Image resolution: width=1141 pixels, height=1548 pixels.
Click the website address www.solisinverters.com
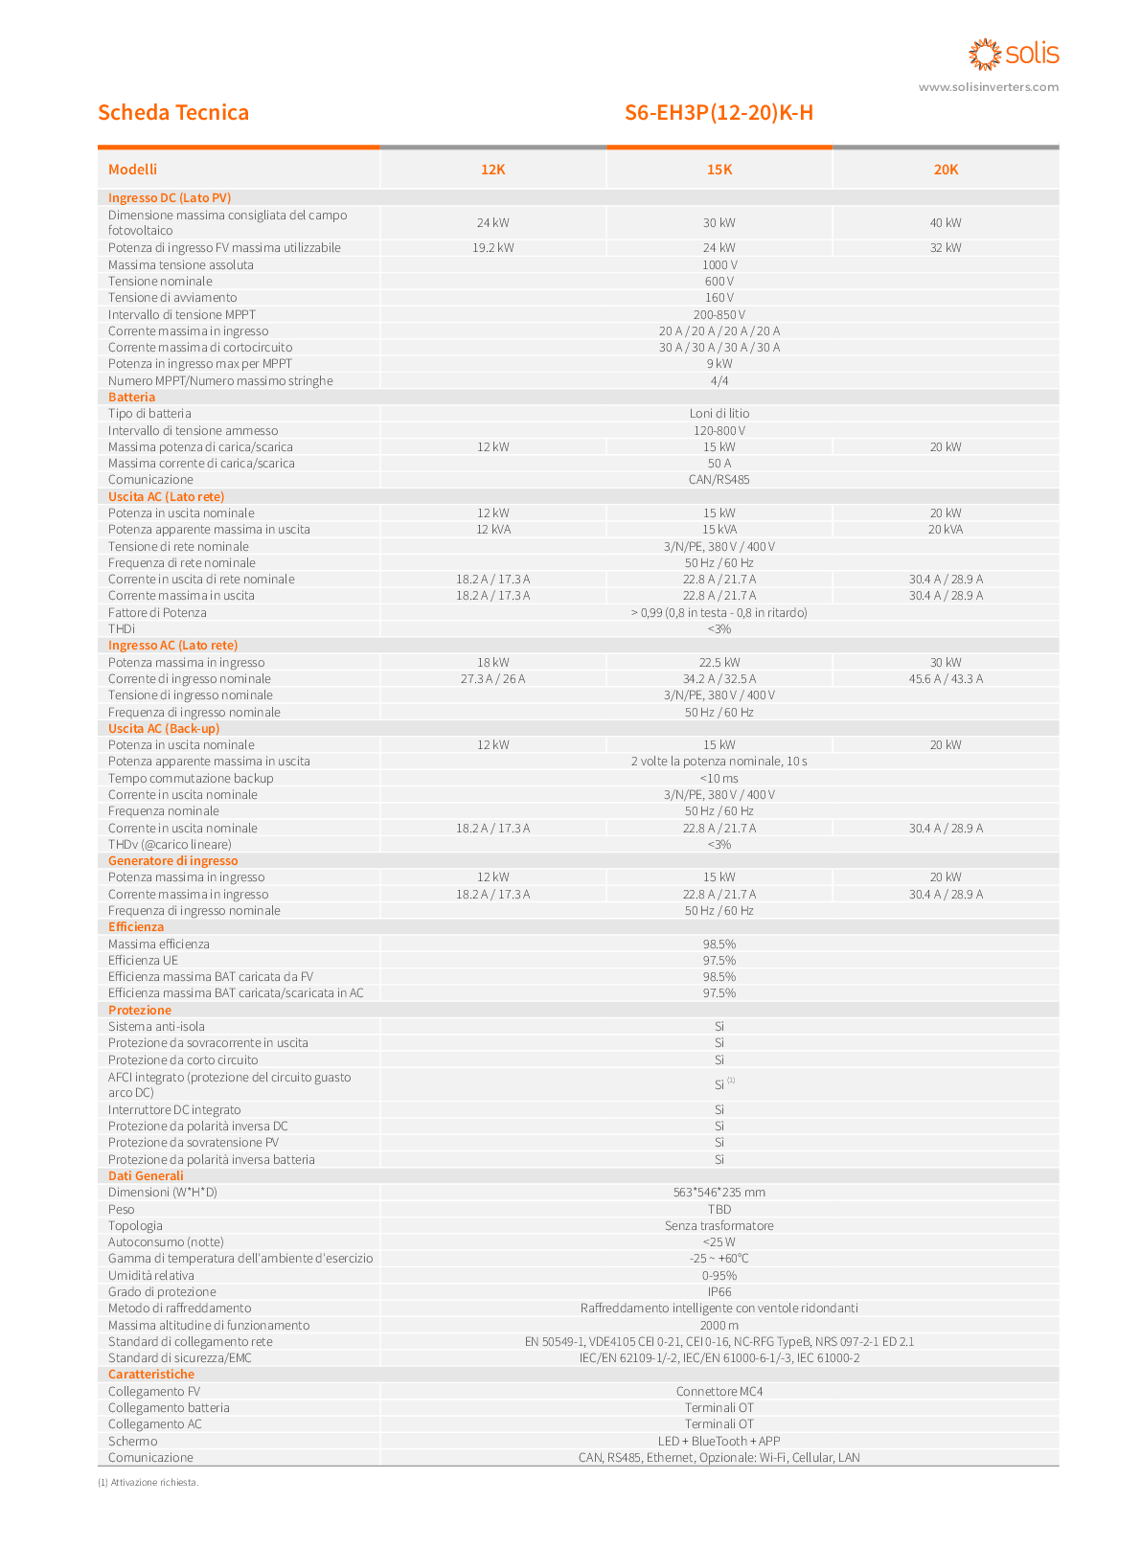988,87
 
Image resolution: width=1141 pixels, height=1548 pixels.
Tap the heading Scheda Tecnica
173,112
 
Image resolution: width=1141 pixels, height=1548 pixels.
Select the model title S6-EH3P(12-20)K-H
719,113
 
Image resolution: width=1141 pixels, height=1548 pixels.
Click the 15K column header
719,170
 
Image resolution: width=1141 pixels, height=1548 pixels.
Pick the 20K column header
946,170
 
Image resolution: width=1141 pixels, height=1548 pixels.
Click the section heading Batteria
131,397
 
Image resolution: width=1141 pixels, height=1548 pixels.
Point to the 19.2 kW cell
492,247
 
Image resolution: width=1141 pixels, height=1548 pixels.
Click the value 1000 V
719,264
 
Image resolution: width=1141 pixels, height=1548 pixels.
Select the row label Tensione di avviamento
172,297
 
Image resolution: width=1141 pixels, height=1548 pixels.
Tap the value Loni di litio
719,414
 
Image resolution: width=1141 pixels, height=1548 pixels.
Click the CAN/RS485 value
719,480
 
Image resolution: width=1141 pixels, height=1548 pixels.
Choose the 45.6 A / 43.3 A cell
946,679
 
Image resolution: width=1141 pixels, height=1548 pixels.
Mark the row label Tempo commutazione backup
191,778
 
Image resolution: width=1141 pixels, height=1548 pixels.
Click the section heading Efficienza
136,927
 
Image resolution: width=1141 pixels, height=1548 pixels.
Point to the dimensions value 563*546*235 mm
719,1193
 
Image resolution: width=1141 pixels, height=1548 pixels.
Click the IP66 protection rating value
719,1292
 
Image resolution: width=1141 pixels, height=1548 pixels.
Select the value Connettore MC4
719,1392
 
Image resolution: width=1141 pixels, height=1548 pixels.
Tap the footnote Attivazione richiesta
148,1482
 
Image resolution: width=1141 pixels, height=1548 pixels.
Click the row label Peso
122,1209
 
